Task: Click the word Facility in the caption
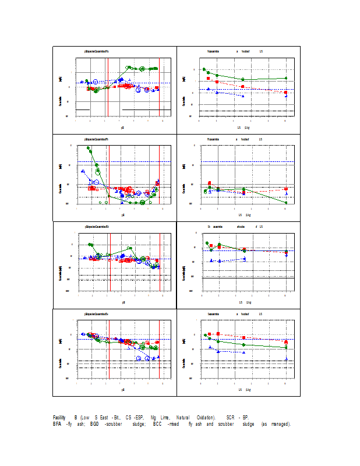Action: click(x=59, y=418)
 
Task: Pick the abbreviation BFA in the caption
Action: click(x=58, y=424)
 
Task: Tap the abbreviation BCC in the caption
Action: click(x=157, y=424)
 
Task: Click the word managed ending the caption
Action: click(x=280, y=424)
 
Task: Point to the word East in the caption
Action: click(x=105, y=418)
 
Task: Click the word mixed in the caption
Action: click(x=173, y=424)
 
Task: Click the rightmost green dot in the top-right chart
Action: click(x=285, y=78)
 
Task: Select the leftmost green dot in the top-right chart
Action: click(x=204, y=69)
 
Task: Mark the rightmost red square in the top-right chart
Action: click(x=285, y=93)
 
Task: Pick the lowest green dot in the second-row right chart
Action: click(x=285, y=202)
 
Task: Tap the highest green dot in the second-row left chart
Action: click(x=89, y=149)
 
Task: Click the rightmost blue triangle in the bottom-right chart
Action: click(x=285, y=359)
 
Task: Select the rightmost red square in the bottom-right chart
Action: click(x=285, y=343)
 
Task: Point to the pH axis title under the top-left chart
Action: click(x=122, y=127)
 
